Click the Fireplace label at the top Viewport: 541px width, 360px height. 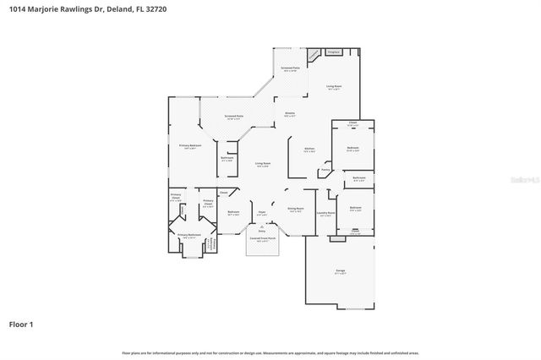click(x=333, y=52)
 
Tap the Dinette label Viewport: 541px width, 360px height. click(x=289, y=113)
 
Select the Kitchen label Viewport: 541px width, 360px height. click(x=309, y=150)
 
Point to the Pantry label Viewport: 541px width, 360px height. click(x=325, y=169)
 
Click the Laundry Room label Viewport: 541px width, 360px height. click(x=326, y=213)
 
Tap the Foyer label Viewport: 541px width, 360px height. click(x=263, y=213)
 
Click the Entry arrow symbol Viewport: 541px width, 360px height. click(x=262, y=224)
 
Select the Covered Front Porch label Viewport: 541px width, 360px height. click(x=262, y=239)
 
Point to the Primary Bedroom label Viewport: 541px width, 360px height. click(x=189, y=146)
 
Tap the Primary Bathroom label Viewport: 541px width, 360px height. click(x=188, y=236)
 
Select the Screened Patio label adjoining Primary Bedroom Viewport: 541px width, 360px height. click(x=233, y=117)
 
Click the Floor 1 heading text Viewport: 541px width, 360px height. click(x=22, y=324)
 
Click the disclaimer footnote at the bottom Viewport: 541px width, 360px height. click(x=270, y=352)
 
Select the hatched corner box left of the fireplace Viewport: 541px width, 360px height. click(x=314, y=54)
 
